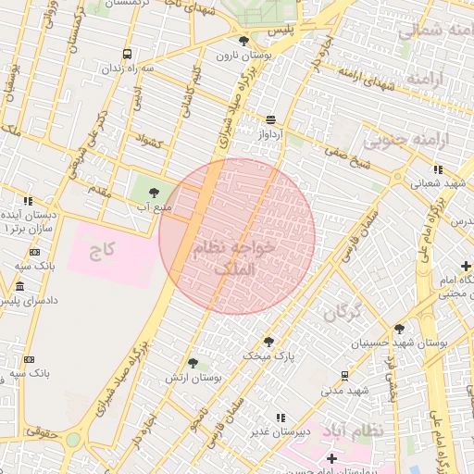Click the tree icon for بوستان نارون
tap(243, 41)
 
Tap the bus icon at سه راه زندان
tap(127, 54)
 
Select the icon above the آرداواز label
tap(270, 119)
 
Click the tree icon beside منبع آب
tap(154, 193)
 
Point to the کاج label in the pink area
tap(101, 251)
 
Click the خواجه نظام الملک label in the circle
tap(236, 258)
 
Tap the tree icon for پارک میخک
tap(268, 342)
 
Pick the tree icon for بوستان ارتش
tap(193, 363)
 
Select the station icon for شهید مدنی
tap(344, 376)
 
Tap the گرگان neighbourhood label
tap(342, 312)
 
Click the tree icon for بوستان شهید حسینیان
tap(399, 329)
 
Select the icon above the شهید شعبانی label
tap(437, 169)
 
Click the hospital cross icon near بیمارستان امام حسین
tap(332, 459)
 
